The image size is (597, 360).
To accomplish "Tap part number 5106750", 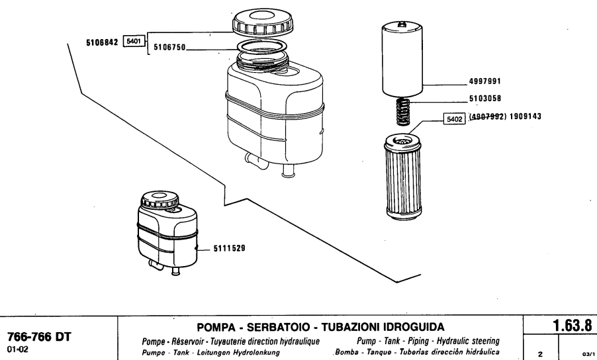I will point(170,48).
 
